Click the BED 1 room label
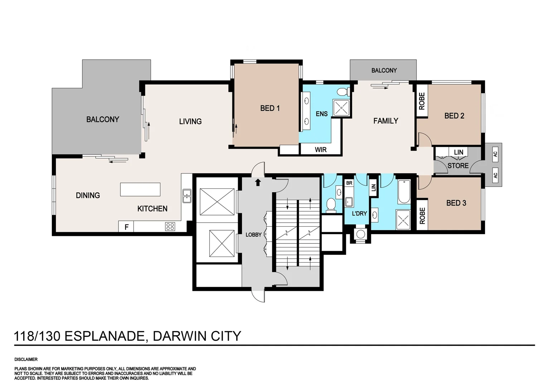pos(270,108)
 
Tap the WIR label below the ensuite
pos(320,149)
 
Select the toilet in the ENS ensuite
pos(343,92)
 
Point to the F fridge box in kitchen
pos(126,227)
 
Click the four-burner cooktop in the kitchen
pos(170,226)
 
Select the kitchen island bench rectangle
pos(140,189)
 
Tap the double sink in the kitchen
pos(187,196)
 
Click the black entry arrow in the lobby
pos(258,182)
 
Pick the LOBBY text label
pos(253,234)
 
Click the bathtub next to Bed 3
pos(404,192)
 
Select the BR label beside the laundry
pos(349,183)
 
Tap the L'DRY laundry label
pos(359,213)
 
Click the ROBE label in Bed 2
pos(422,101)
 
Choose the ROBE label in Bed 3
pos(422,216)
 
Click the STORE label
pos(458,165)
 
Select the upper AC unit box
pos(495,154)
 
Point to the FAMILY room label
pos(386,121)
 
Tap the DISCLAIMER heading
pos(26,359)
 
